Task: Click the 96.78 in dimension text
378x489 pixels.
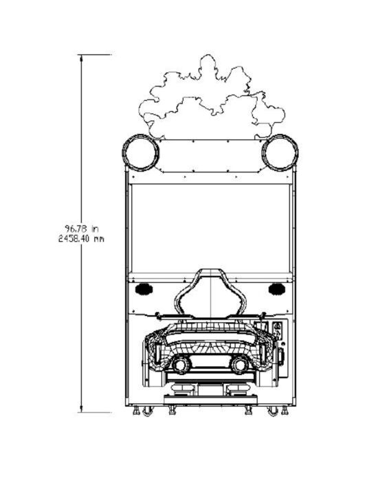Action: click(82, 229)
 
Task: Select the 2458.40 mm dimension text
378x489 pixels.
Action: click(81, 239)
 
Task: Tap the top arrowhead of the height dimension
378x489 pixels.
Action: click(82, 58)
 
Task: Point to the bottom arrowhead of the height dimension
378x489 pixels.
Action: click(82, 409)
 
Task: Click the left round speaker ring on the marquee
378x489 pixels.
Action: click(123, 152)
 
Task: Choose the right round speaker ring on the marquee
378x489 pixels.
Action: click(297, 152)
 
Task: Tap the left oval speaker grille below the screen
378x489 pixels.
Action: click(144, 289)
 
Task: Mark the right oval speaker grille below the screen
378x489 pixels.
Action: click(277, 289)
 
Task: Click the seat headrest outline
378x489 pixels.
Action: click(210, 270)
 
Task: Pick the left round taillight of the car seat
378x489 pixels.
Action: click(181, 365)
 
